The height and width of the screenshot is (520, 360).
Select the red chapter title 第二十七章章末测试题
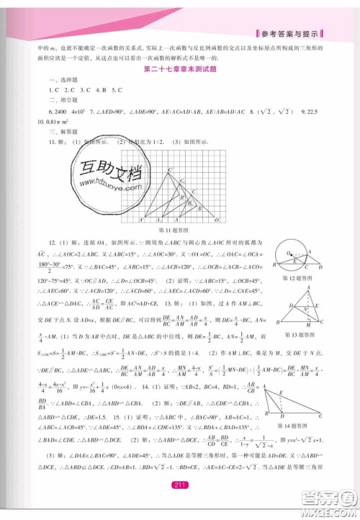click(179, 70)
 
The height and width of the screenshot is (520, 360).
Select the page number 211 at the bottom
click(180, 505)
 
